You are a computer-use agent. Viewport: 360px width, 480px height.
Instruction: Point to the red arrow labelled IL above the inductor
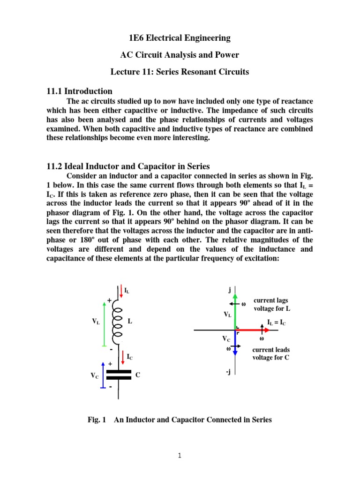(122, 292)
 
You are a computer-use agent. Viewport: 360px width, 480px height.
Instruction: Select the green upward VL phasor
(235, 311)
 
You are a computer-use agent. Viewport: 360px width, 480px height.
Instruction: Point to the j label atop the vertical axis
(229, 290)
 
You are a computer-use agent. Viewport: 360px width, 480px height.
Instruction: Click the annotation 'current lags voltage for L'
(271, 304)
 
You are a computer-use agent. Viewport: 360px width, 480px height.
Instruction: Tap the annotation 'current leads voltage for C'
(271, 354)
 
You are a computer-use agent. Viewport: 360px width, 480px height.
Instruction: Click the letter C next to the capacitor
(138, 375)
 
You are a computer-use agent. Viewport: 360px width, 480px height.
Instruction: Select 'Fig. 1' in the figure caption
(96, 420)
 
